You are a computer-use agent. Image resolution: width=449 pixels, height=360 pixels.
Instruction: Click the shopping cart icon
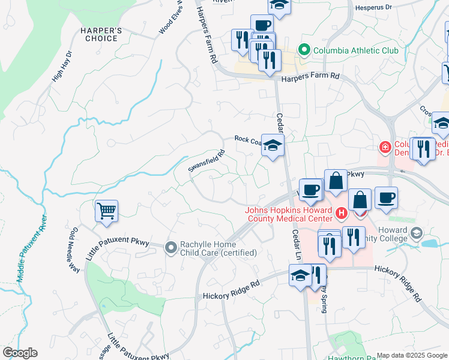click(x=106, y=211)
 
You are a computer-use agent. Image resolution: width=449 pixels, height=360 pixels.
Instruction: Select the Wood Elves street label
click(x=170, y=23)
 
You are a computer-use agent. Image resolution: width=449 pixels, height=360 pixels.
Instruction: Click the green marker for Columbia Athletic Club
click(x=304, y=50)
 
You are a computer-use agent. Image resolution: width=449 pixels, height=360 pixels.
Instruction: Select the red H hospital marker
click(x=341, y=213)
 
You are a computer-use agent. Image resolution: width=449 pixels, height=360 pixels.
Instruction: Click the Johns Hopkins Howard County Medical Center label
click(x=288, y=214)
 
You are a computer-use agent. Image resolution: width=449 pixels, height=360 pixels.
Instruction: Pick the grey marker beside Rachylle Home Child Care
click(x=170, y=246)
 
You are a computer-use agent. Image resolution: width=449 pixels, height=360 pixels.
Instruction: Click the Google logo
click(x=20, y=353)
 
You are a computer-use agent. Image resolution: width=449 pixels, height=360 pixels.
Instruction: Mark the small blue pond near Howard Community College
click(x=429, y=244)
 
